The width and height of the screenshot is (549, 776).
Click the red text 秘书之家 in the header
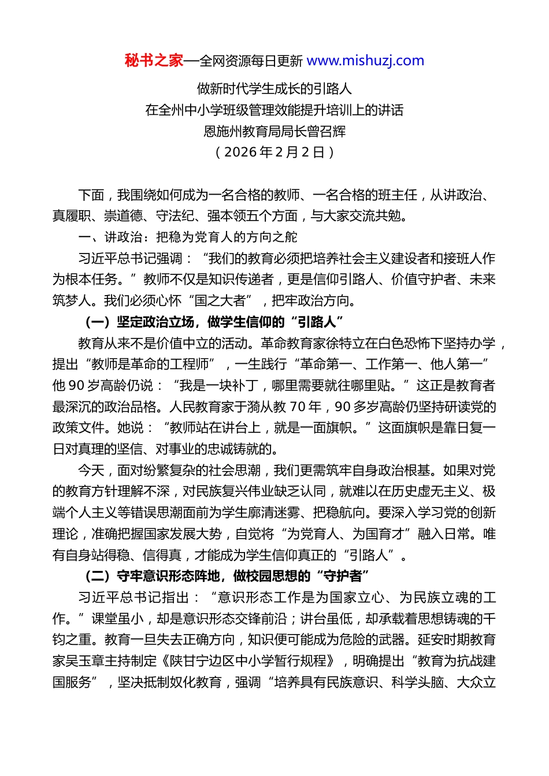point(154,61)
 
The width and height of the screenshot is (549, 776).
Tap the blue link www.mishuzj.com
point(365,61)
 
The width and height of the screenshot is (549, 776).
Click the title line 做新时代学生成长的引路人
point(274,89)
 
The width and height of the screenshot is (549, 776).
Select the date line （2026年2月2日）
point(274,152)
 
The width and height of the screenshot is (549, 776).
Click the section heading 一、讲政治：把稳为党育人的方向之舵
point(188,237)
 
